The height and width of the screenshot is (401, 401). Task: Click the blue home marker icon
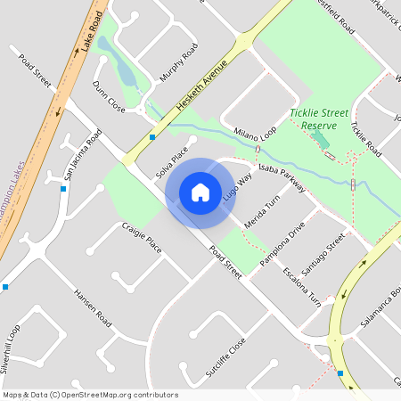click(200, 192)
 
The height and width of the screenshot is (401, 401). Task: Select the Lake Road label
click(91, 30)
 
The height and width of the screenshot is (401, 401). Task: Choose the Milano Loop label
click(257, 135)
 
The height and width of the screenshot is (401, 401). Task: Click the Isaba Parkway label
click(281, 177)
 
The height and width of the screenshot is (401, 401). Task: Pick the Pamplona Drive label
click(282, 239)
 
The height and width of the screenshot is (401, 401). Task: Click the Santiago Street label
click(322, 254)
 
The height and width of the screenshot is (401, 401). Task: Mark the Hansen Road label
click(93, 306)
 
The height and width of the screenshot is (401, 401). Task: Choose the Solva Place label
click(175, 158)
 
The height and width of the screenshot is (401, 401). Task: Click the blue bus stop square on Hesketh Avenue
click(152, 137)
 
